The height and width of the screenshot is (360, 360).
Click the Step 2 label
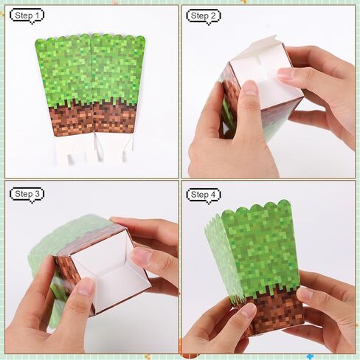[x=204, y=15]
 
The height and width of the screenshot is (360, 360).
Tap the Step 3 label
[x=27, y=194]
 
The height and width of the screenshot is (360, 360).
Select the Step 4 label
[x=204, y=195]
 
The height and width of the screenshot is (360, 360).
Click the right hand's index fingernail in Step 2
[x=285, y=73]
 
